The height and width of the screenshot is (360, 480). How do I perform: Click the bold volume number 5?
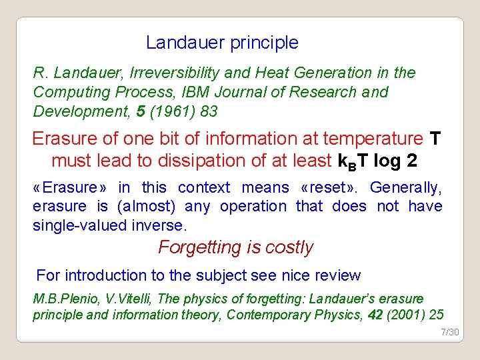(140, 111)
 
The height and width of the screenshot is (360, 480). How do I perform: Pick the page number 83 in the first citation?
(209, 111)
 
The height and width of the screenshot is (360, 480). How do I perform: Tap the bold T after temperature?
(435, 139)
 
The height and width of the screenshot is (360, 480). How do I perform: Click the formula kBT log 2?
(379, 161)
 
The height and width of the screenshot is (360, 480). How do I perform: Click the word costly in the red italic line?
(289, 247)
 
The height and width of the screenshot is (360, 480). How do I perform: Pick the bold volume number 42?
(375, 315)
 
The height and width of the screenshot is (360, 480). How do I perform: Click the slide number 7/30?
(450, 332)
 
